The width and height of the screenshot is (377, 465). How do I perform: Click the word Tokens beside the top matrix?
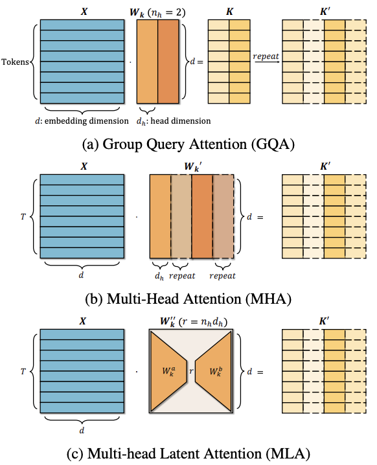[x=15, y=62]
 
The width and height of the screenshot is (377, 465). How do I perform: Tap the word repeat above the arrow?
[x=266, y=56]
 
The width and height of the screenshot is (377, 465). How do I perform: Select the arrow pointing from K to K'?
[x=266, y=62]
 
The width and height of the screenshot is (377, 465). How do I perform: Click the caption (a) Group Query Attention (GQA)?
[x=188, y=144]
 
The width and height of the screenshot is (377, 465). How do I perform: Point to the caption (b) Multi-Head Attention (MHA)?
[x=188, y=299]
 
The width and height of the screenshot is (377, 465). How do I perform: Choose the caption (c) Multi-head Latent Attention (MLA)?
[x=188, y=454]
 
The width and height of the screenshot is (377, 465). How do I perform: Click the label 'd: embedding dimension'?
[x=82, y=121]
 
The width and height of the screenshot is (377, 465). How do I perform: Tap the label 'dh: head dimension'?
[x=174, y=121]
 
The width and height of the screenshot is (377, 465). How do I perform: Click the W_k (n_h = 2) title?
[x=157, y=13]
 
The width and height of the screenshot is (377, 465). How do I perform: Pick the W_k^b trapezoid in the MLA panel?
[x=214, y=372]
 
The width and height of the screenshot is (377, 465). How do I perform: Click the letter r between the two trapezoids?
[x=191, y=371]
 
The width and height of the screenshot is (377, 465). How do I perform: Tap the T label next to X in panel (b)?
[x=23, y=217]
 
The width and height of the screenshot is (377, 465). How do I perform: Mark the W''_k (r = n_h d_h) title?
[x=194, y=322]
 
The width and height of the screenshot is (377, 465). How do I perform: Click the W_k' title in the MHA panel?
[x=193, y=166]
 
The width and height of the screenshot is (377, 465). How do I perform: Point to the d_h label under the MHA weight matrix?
[x=159, y=276]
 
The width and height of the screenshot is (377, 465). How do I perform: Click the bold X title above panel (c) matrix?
[x=83, y=321]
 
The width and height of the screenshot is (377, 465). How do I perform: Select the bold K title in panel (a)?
[x=229, y=12]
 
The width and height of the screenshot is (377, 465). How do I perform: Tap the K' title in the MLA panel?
[x=324, y=321]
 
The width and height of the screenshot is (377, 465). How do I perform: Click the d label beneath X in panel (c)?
[x=82, y=430]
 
